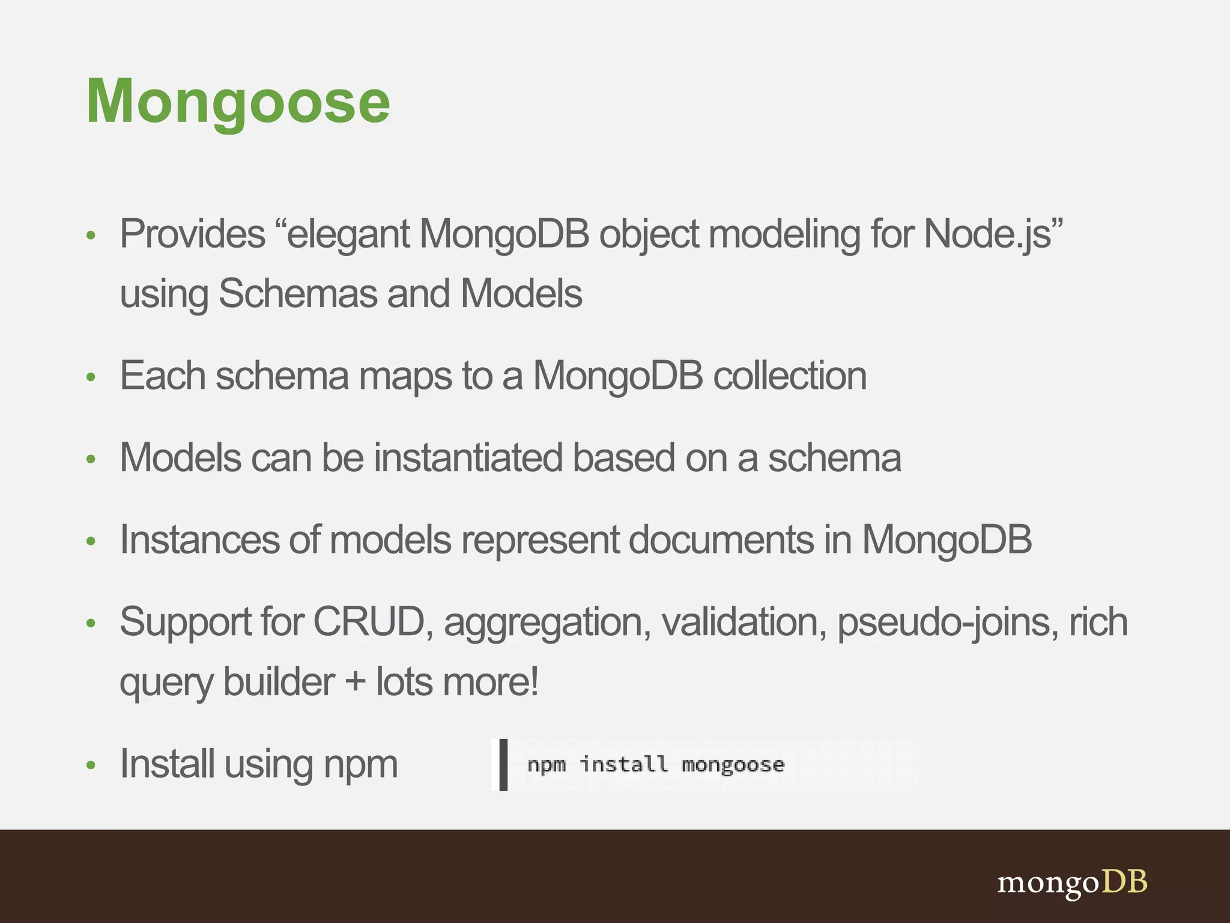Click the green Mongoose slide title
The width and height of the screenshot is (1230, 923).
(238, 102)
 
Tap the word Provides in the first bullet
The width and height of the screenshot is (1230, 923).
(192, 234)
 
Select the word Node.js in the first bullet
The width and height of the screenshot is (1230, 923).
(988, 234)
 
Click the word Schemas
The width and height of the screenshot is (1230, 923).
(298, 294)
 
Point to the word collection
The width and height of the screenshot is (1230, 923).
(790, 376)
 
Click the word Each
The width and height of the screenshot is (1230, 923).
(163, 376)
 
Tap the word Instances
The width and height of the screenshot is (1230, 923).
(199, 540)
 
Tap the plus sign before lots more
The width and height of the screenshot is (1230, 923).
(356, 683)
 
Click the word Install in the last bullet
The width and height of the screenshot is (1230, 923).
(167, 764)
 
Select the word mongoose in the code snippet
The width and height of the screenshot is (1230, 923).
(733, 765)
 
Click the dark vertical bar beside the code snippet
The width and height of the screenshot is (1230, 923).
(503, 765)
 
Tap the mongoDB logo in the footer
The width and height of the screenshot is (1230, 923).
(1072, 883)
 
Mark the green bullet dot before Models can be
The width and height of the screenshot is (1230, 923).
(91, 460)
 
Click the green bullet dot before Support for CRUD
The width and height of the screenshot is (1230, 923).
(91, 623)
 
